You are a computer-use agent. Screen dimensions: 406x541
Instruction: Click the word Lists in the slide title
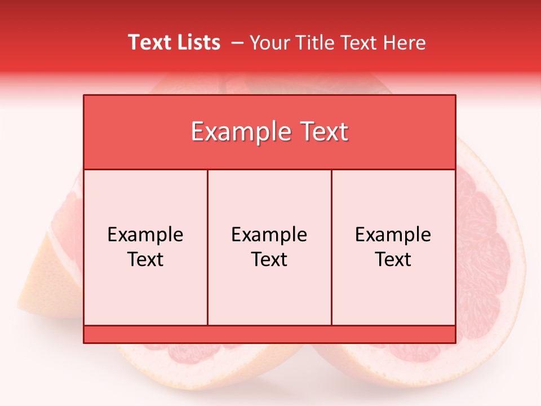tap(197, 43)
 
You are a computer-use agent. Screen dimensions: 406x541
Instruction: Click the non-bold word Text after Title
tap(361, 43)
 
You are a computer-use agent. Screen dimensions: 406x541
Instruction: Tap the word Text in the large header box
tap(323, 133)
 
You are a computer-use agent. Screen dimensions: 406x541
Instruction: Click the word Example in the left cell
tap(145, 235)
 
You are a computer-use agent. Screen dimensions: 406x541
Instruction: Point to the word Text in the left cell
tap(145, 259)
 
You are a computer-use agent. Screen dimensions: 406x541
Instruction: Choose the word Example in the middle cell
tap(269, 235)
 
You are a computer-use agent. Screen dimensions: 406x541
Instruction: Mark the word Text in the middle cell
tap(269, 259)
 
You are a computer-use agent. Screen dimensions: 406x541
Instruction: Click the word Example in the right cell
tap(393, 235)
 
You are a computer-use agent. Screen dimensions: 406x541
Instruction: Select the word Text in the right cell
tap(393, 259)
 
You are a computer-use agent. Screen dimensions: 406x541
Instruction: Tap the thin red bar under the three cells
tap(269, 334)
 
